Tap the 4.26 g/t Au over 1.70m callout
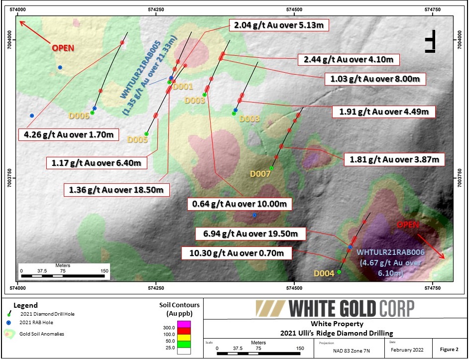(69, 134)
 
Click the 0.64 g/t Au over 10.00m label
(239, 204)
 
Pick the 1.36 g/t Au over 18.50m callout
(117, 189)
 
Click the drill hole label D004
(324, 273)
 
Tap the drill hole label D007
(260, 174)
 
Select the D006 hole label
(79, 116)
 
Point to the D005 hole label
(137, 140)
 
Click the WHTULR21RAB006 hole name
(390, 252)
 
